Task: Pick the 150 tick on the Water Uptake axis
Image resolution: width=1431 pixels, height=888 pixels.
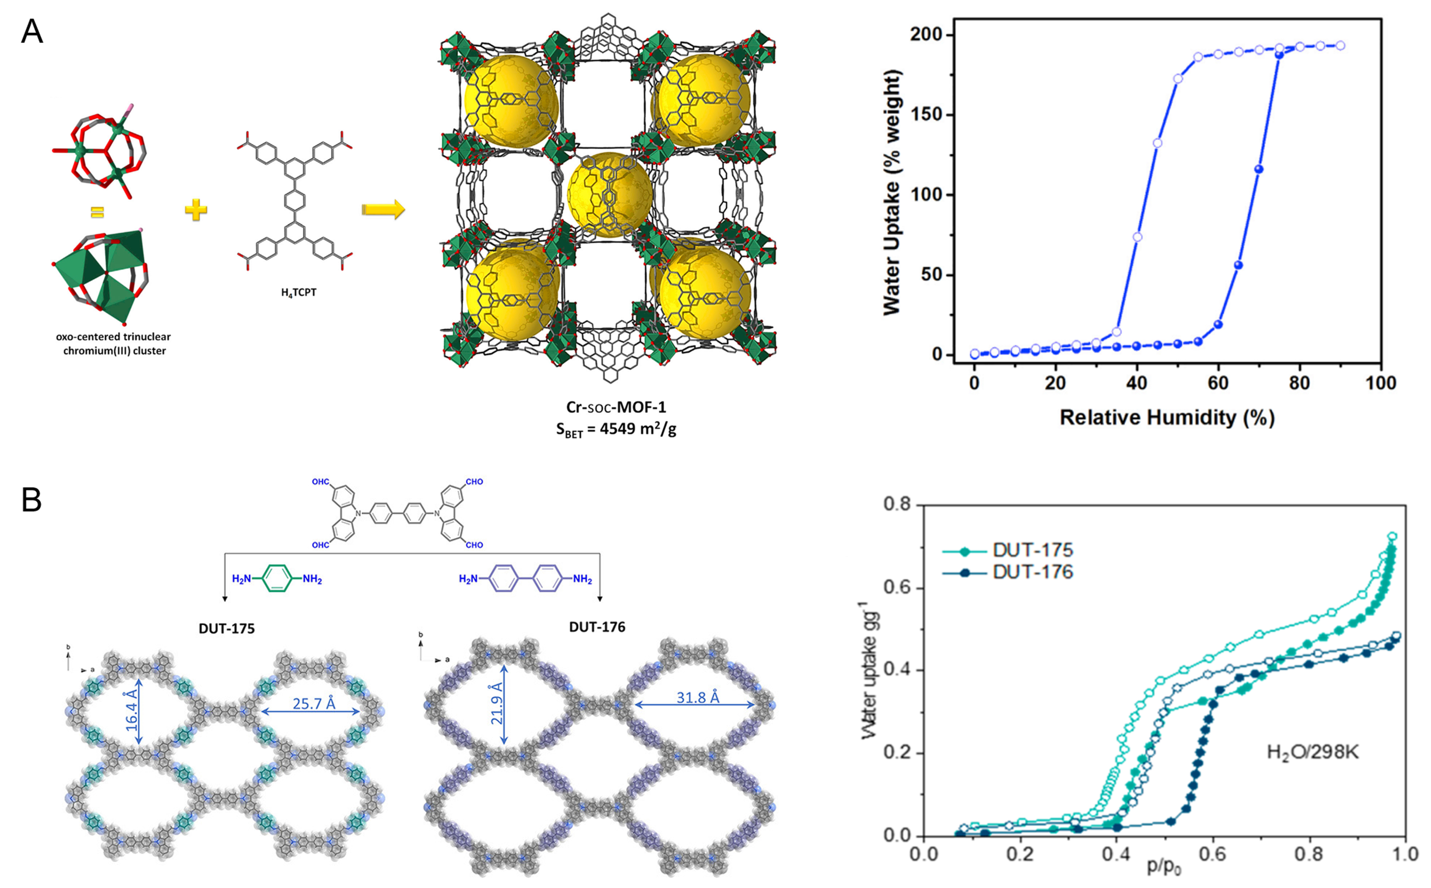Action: (930, 115)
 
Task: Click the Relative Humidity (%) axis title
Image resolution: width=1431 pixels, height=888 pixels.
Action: (1167, 418)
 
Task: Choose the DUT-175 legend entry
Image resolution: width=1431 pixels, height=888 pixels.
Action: (1032, 550)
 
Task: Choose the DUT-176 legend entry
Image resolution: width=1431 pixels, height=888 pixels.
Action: (1032, 572)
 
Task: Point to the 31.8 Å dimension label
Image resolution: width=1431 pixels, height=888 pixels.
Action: (697, 697)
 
